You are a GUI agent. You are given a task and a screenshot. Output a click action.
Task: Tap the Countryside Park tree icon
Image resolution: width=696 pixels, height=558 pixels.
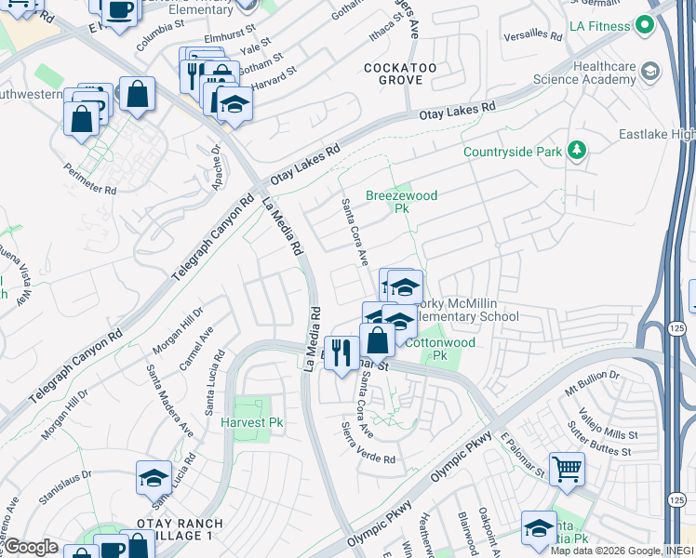coord(577,151)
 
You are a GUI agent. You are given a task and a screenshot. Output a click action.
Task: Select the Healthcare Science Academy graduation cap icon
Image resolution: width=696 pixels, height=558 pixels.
coord(649,72)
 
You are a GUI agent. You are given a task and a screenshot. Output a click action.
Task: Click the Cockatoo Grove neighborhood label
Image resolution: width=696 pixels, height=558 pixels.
coord(394,74)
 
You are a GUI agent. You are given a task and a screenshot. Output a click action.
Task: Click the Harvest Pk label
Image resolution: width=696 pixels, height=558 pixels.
coord(251,422)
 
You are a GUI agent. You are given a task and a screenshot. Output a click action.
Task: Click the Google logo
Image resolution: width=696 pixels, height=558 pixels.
coord(31,546)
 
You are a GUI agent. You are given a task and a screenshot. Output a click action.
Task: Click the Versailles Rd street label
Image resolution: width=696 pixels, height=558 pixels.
coord(531,38)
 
